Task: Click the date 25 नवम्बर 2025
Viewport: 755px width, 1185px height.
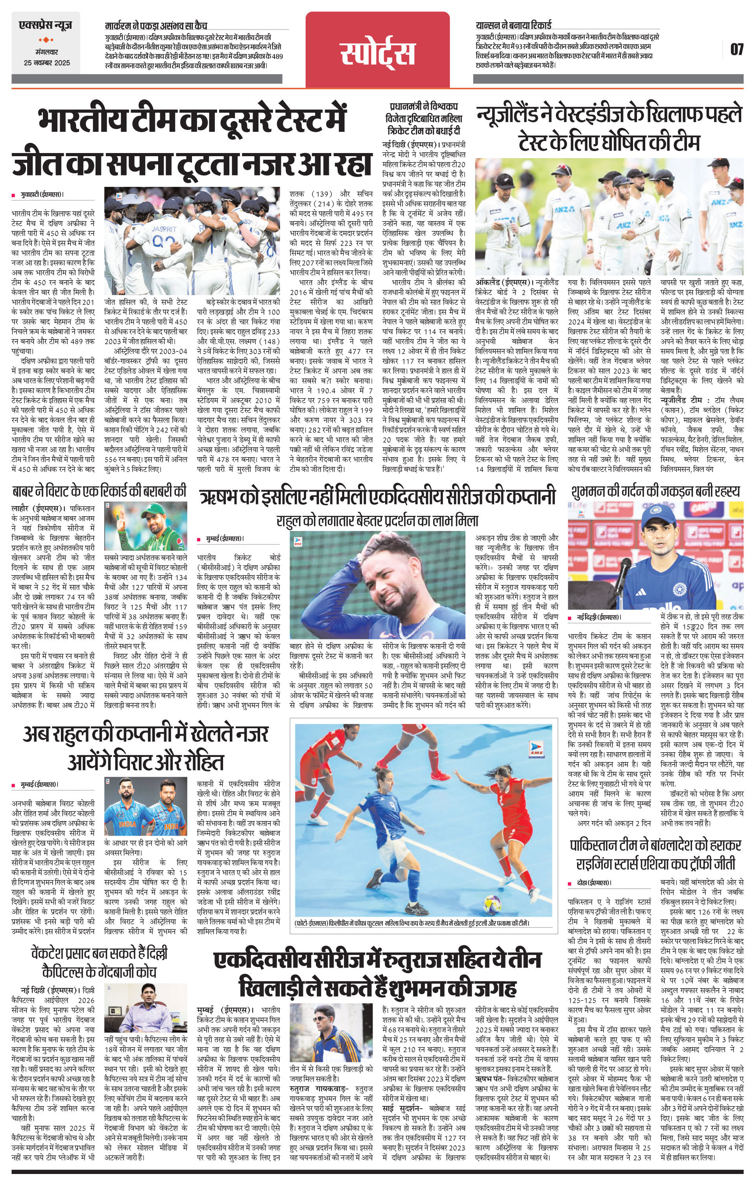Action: [47, 63]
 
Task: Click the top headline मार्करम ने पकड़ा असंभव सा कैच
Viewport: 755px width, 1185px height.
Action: [157, 26]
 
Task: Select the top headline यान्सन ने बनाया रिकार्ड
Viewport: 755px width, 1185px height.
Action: [514, 26]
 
